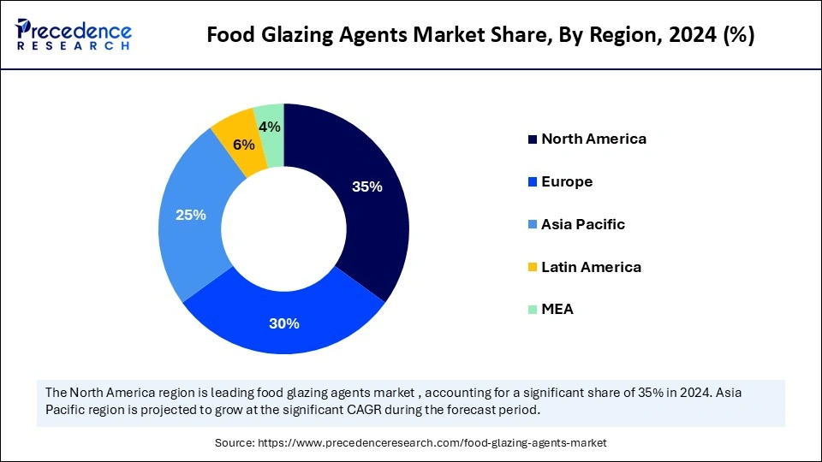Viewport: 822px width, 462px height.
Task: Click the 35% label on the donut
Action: click(x=367, y=187)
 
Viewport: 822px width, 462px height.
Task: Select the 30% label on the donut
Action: click(x=284, y=323)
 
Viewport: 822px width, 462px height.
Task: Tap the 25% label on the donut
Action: click(x=191, y=215)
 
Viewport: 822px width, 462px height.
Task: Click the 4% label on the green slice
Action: click(x=271, y=127)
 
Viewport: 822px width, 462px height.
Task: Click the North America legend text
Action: click(x=593, y=139)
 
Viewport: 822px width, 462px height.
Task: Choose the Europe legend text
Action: click(x=567, y=181)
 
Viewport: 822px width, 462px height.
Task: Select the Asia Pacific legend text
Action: click(x=583, y=224)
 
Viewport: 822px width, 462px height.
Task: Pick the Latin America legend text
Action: click(x=591, y=267)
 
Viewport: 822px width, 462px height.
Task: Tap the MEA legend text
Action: click(x=557, y=310)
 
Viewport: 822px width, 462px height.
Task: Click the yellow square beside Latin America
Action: click(x=533, y=268)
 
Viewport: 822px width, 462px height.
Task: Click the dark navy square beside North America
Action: click(x=533, y=139)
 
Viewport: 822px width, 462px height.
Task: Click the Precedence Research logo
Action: click(x=74, y=34)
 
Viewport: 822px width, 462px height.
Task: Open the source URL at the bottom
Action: click(x=410, y=442)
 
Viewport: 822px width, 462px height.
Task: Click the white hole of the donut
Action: click(x=284, y=228)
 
